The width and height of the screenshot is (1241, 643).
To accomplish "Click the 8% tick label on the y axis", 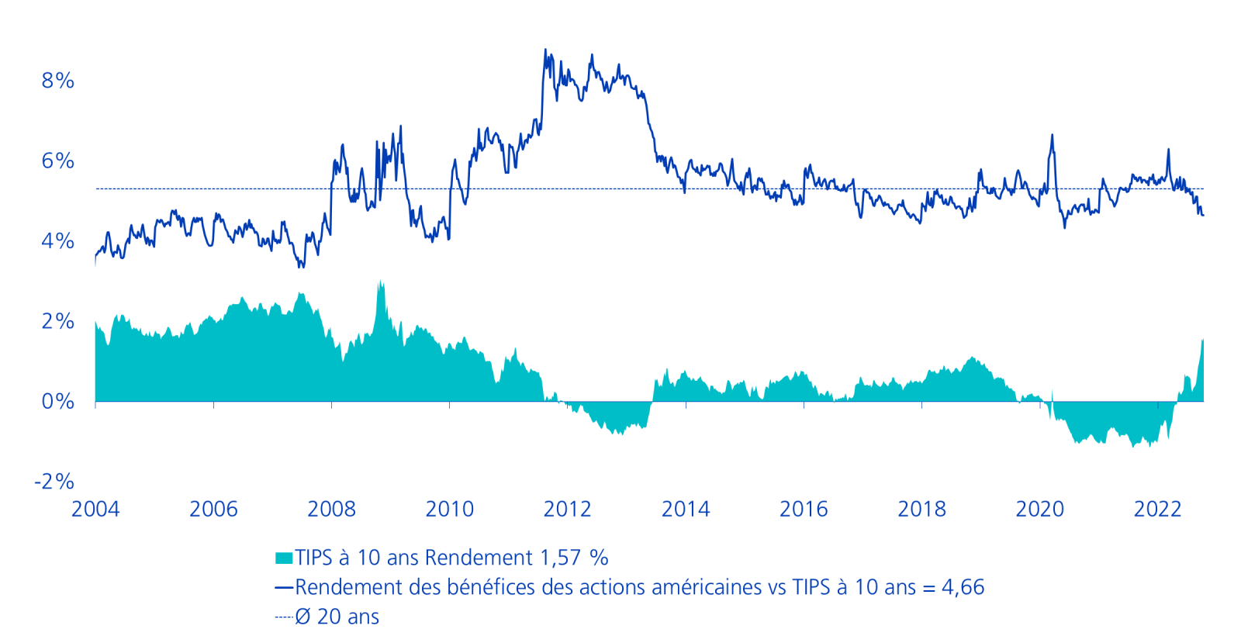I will click(58, 81).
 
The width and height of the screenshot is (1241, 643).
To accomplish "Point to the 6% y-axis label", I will click(58, 161).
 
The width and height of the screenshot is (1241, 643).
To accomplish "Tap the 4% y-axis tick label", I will click(58, 241).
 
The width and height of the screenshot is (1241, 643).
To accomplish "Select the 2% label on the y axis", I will click(58, 321).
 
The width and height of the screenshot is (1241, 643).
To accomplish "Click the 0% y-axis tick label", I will click(58, 402).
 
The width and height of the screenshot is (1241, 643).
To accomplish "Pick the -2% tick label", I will click(54, 482).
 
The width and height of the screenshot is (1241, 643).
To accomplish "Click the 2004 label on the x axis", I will click(95, 510).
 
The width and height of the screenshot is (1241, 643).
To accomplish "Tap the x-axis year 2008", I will click(331, 510).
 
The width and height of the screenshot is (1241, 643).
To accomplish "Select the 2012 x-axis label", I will click(567, 510).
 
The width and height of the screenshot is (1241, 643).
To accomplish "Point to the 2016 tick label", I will click(804, 510).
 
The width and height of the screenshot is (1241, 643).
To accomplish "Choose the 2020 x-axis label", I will click(1039, 510).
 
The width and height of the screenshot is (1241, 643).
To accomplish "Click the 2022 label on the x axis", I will click(1157, 510).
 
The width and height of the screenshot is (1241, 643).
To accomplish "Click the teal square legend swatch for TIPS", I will click(284, 558).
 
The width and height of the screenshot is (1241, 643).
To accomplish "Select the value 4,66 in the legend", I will click(963, 587).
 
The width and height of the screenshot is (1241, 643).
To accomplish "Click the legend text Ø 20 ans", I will click(337, 617).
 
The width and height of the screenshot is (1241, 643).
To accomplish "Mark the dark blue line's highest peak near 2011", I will click(545, 50).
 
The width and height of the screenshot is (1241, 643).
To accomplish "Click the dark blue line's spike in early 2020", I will click(1053, 135).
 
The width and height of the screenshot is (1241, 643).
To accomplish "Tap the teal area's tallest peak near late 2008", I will click(380, 282).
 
